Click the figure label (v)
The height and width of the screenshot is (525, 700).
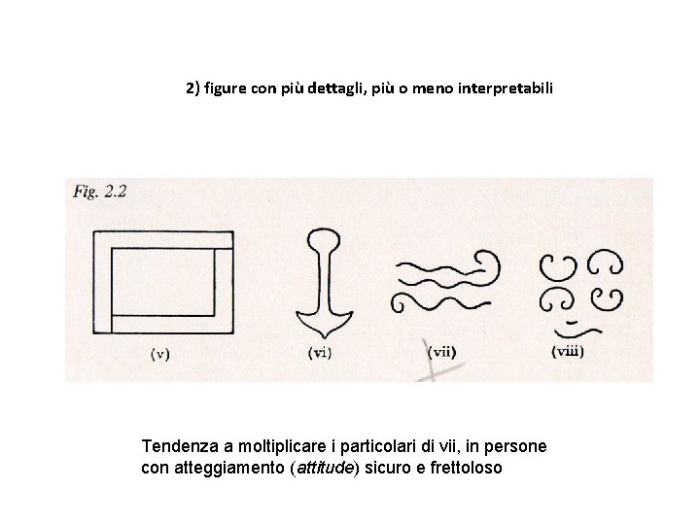coord(160,354)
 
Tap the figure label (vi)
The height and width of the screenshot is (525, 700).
coord(320,353)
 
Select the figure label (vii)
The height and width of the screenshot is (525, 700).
coord(441,352)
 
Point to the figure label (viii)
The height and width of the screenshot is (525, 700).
coord(568,351)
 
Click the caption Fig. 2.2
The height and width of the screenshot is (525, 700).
coord(100,192)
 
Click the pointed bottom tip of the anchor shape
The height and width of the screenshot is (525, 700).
coord(325,337)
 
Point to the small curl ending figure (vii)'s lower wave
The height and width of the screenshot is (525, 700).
coord(397,303)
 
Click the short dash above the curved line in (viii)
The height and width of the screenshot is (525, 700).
coord(572,323)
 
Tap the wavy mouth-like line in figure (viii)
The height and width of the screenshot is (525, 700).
coord(577,332)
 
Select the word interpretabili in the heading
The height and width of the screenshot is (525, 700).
coord(506,88)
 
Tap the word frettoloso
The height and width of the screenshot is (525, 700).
coord(466,468)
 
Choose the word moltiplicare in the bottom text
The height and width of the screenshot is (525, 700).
coord(282,446)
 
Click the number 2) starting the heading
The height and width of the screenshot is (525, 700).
coord(192,88)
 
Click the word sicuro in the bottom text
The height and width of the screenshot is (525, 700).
coord(391,468)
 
